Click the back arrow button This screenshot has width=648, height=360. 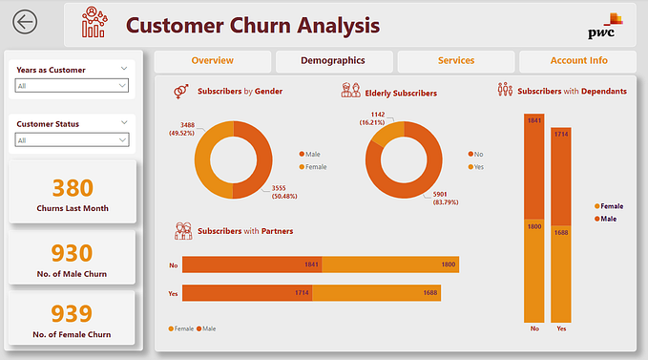[25, 23]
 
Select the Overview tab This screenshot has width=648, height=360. [212, 61]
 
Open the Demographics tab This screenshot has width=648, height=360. [332, 61]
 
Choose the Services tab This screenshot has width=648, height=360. [455, 61]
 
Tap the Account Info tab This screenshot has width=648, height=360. [578, 61]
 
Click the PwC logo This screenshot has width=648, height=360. [603, 27]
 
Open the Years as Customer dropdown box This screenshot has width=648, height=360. [72, 86]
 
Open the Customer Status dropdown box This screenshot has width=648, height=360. [72, 140]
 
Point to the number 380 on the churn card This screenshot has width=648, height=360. [73, 188]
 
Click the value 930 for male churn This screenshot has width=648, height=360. [73, 253]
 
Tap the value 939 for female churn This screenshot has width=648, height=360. [73, 314]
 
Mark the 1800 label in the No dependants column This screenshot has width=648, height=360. [533, 226]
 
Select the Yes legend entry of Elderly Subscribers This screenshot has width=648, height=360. [474, 166]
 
